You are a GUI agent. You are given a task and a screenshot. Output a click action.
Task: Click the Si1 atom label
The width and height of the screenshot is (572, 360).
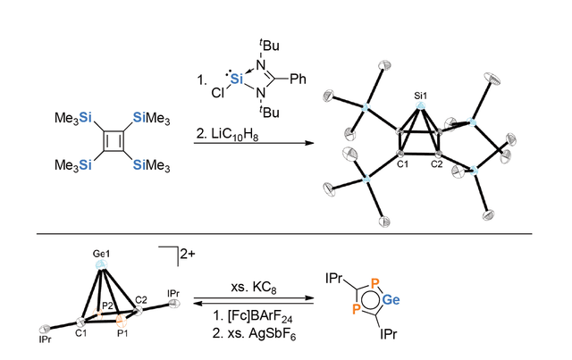[x=420, y=96]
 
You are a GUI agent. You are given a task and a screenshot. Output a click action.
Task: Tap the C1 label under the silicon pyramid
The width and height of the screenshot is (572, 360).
[x=402, y=164]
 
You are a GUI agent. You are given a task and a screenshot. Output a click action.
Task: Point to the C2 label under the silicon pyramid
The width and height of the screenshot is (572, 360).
[x=436, y=164]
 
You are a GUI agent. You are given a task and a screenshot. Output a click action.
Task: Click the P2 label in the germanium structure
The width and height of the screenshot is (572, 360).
[x=107, y=306]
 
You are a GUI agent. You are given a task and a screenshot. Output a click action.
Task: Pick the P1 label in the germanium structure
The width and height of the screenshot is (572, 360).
[x=122, y=333]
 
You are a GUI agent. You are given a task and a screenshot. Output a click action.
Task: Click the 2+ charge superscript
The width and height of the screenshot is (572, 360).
[x=188, y=254]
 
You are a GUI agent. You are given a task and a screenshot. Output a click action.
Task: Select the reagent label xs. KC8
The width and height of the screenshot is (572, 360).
[x=254, y=288]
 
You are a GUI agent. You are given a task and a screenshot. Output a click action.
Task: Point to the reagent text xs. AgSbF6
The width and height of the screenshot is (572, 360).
[x=254, y=333]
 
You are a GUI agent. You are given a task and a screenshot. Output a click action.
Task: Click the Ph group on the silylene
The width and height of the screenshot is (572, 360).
[x=298, y=80]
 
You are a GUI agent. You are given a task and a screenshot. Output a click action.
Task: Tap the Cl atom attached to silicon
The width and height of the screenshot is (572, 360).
[x=218, y=94]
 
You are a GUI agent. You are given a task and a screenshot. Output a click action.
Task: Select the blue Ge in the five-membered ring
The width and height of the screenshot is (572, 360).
[x=391, y=300]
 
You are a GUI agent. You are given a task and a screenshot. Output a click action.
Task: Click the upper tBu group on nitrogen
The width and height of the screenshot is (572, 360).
[x=269, y=46]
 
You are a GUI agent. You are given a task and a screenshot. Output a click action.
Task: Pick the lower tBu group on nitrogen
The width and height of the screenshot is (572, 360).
[x=269, y=112]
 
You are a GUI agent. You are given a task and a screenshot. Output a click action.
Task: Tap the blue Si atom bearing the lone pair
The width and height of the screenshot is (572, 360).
[x=237, y=79]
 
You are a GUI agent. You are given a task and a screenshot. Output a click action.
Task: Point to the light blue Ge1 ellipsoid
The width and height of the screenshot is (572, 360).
[x=101, y=264]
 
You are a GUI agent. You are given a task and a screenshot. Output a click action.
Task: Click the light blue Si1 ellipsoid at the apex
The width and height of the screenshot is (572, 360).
[x=421, y=106]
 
